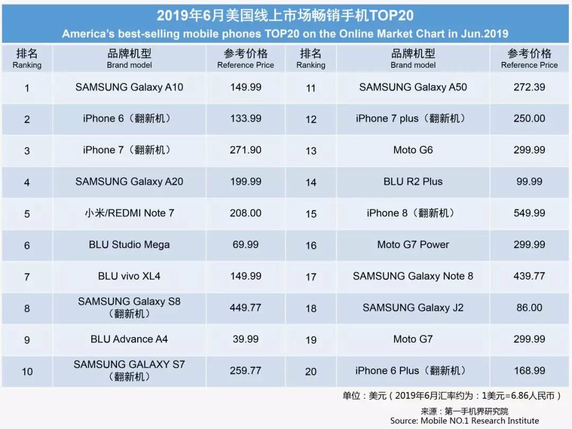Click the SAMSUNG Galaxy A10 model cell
(x=129, y=87)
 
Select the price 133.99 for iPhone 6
(x=246, y=119)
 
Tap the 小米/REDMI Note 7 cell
(x=129, y=213)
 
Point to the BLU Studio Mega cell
(x=129, y=245)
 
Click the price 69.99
(x=246, y=245)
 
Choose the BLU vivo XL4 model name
(x=129, y=276)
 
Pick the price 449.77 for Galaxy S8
(x=246, y=308)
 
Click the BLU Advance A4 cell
(x=129, y=339)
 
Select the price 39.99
(x=246, y=339)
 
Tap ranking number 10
(x=27, y=372)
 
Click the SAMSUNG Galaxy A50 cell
(x=413, y=87)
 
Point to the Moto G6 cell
(x=413, y=150)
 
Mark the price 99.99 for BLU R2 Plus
(x=529, y=182)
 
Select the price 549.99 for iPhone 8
(x=529, y=213)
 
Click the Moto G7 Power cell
(x=413, y=245)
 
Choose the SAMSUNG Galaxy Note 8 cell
(x=413, y=276)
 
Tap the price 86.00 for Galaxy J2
(x=529, y=308)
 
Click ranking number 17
(x=311, y=276)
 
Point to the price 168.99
(x=529, y=371)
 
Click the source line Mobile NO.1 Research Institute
(x=464, y=421)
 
